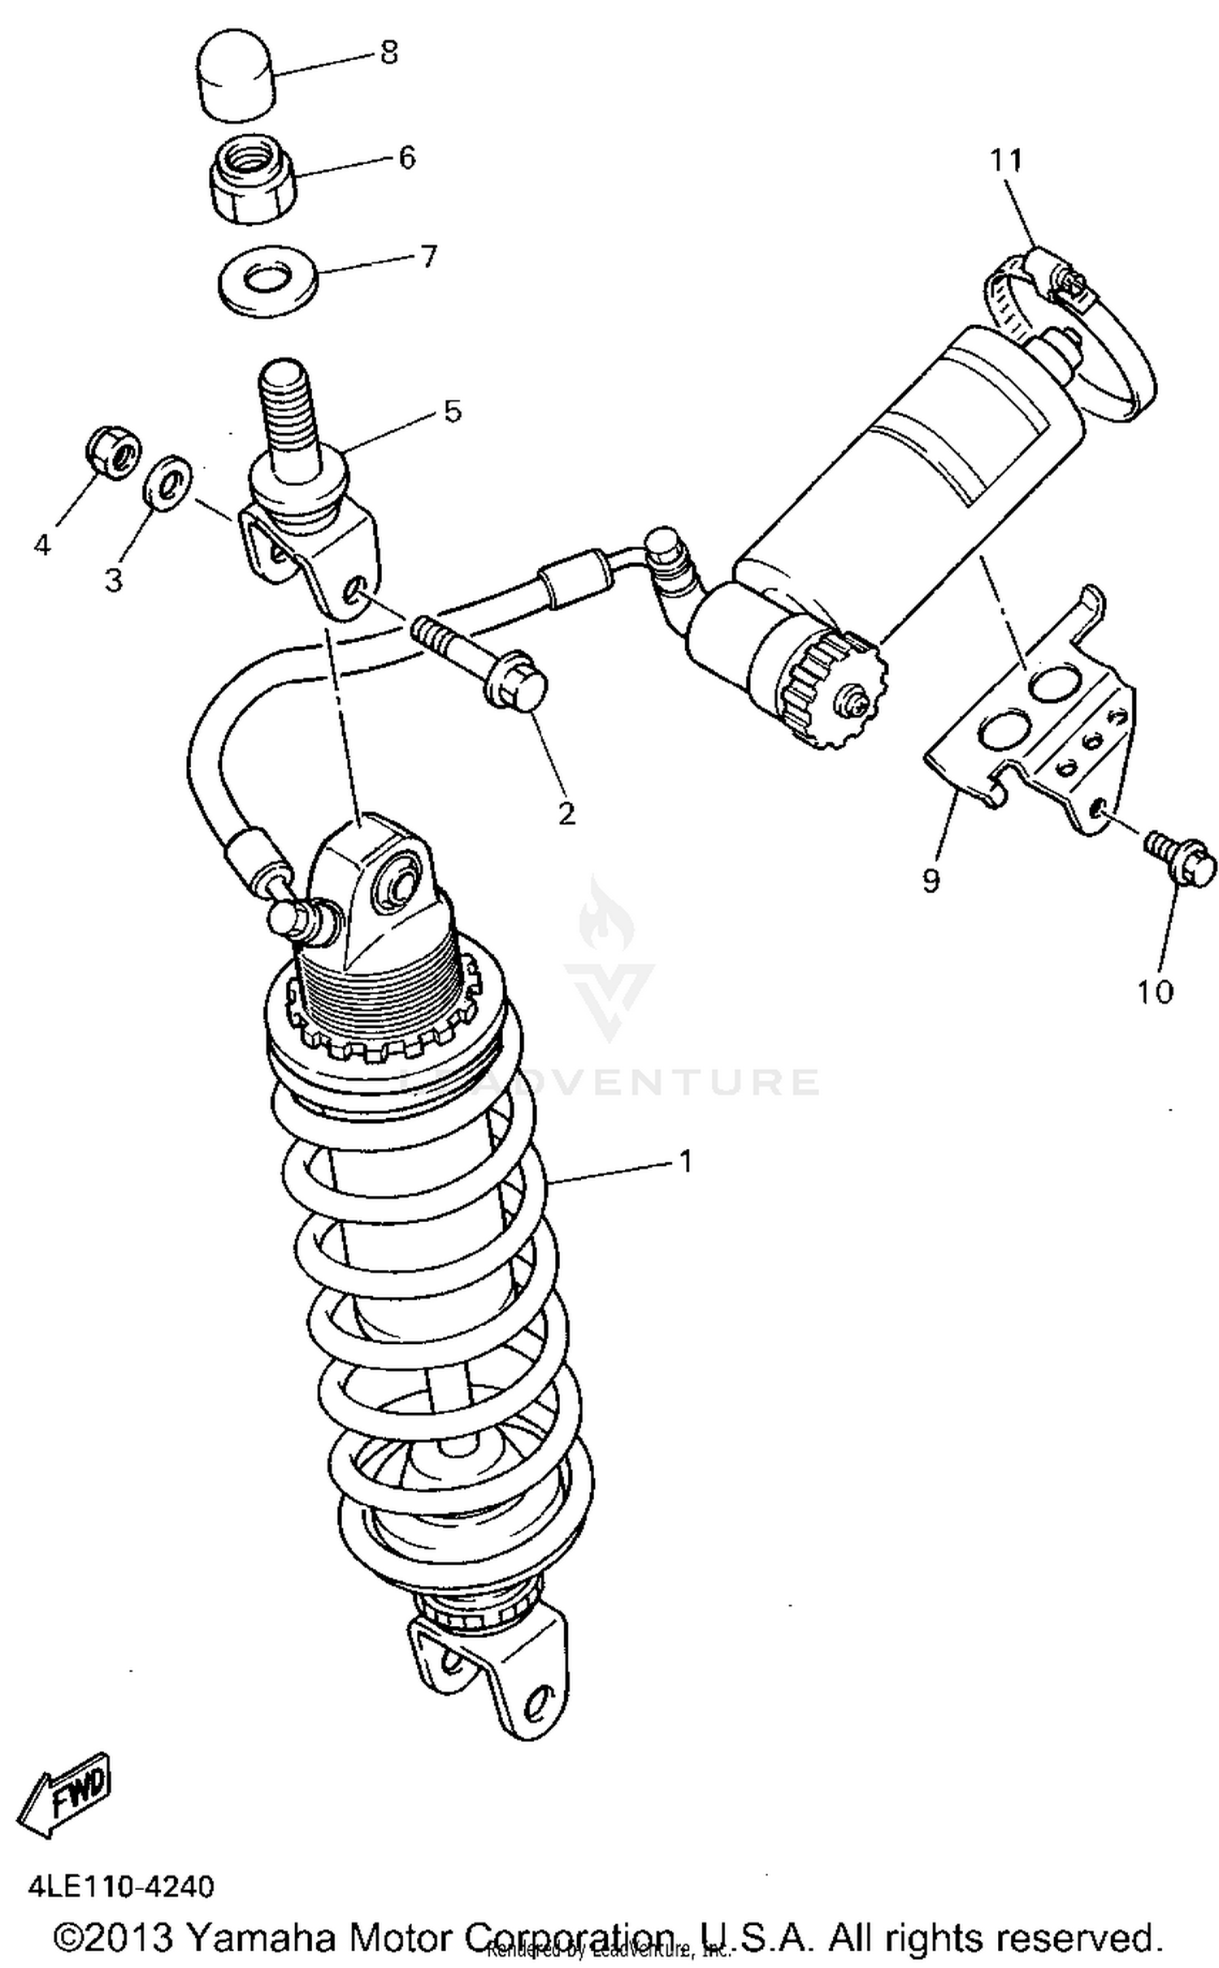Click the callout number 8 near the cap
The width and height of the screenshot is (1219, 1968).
pos(389,54)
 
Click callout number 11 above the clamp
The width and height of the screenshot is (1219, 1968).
pos(1005,160)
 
